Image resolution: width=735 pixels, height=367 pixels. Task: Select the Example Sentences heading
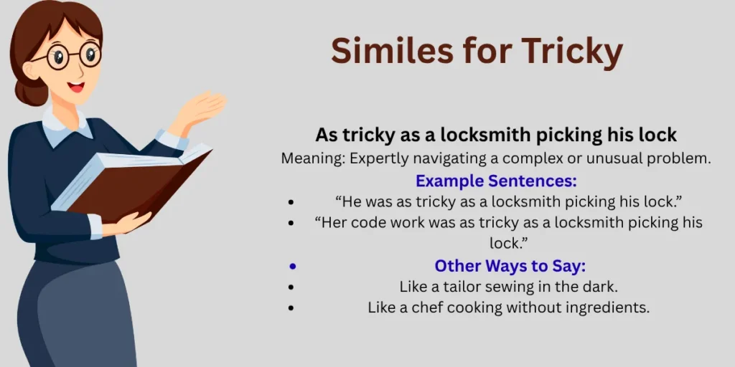496,181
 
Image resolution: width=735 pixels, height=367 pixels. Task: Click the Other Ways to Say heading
510,266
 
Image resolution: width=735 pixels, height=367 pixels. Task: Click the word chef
418,308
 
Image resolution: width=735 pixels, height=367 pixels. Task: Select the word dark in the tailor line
601,287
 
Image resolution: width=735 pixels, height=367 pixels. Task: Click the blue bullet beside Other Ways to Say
291,266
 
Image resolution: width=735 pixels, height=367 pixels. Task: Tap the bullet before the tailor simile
291,287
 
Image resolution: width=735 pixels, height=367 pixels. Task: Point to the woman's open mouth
75,87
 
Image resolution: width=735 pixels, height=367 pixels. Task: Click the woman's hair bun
24,92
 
